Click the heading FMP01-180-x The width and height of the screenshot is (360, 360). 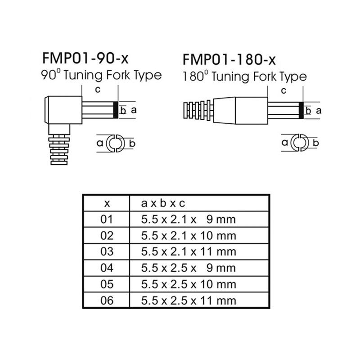pos(229,60)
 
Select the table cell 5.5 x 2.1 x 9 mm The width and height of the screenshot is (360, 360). pos(188,220)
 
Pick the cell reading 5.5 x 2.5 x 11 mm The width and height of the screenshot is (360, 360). pos(188,300)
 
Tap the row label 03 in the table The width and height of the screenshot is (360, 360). pos(107,252)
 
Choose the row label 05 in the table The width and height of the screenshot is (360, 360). pos(107,284)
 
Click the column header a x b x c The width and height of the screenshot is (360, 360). pos(163,203)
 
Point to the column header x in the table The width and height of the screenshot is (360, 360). pos(107,203)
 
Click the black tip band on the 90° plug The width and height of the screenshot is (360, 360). pos(115,110)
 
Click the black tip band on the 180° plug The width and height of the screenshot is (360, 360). pos(301,110)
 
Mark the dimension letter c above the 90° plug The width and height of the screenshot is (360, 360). pos(97,90)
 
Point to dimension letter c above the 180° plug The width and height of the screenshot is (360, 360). pos(283,90)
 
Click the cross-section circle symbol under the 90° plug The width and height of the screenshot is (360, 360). pos(114,143)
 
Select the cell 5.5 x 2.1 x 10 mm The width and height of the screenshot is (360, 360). pos(188,236)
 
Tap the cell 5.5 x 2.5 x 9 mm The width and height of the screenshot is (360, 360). pos(188,268)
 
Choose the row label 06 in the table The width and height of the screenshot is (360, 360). pos(107,300)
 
